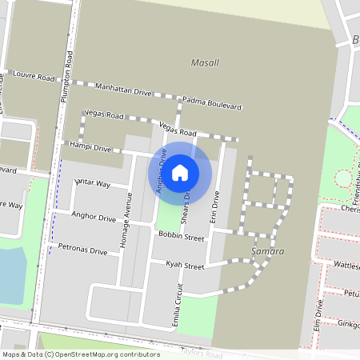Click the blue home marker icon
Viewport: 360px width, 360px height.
180,172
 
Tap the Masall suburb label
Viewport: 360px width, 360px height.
205,62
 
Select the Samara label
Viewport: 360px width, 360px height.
267,252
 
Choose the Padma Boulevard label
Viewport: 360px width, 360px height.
212,102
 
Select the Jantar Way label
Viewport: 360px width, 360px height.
92,184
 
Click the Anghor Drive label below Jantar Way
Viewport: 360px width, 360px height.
94,215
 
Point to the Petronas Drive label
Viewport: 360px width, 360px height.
83,250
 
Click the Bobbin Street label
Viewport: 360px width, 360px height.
182,236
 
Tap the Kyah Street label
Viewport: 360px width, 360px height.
185,265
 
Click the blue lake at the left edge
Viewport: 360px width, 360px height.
11,274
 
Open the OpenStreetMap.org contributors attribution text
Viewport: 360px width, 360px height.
104,354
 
